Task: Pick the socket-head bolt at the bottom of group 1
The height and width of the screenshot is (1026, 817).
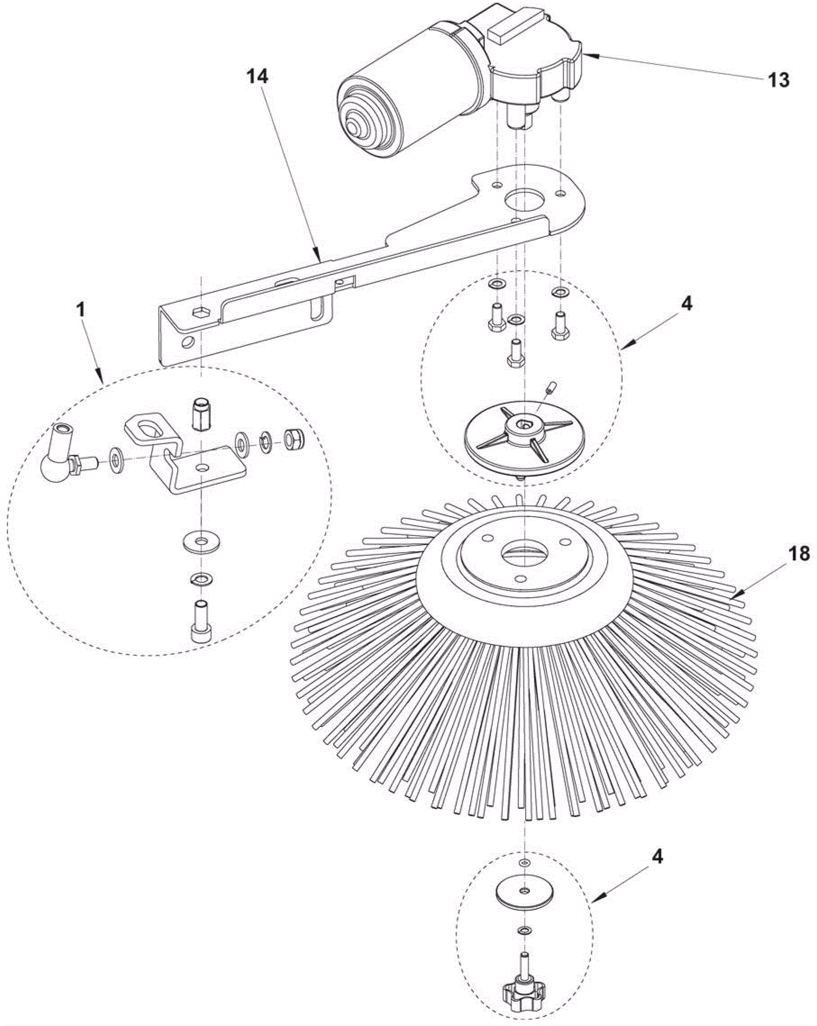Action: [201, 619]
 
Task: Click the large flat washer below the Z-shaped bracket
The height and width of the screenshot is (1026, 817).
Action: [202, 541]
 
